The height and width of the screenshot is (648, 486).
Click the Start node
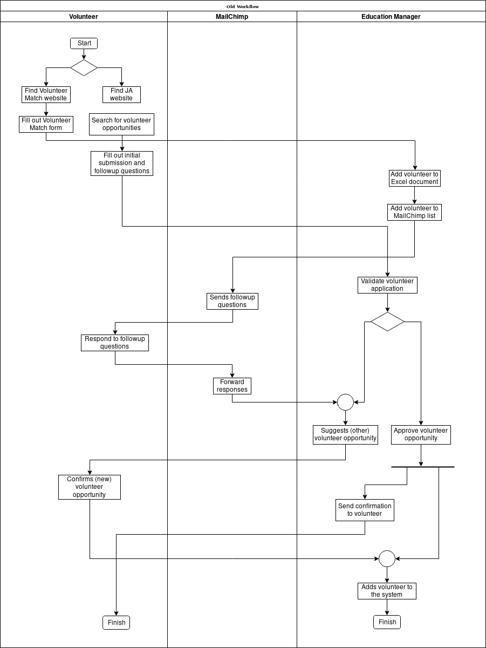(x=84, y=43)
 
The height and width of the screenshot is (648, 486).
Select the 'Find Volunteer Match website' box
(x=46, y=94)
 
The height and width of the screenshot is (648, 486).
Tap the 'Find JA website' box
(x=121, y=94)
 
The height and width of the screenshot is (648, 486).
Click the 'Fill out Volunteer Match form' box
(x=46, y=124)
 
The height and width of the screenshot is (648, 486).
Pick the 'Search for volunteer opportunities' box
(x=121, y=124)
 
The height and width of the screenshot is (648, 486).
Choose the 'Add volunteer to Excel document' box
(x=415, y=178)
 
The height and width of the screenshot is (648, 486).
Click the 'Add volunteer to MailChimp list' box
(x=415, y=212)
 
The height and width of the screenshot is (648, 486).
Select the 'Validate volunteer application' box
(x=387, y=285)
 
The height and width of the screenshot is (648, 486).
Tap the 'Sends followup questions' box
(x=232, y=301)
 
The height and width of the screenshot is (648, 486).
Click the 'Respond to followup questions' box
(x=115, y=343)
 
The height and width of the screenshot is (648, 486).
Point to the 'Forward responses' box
(x=232, y=386)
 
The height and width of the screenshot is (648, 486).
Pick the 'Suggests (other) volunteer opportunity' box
(x=345, y=434)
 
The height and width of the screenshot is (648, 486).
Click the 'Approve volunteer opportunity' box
(x=421, y=434)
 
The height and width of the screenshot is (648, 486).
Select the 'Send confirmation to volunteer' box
(x=365, y=510)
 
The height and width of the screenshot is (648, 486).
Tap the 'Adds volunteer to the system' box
(x=387, y=591)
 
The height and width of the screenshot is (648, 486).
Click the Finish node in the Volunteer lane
(x=117, y=622)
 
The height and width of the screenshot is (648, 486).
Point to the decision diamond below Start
(x=84, y=67)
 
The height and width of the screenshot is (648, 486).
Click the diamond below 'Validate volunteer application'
(x=387, y=322)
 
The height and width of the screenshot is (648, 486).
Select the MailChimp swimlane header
(x=232, y=17)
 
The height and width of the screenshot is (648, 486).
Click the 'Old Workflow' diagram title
(x=243, y=6)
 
